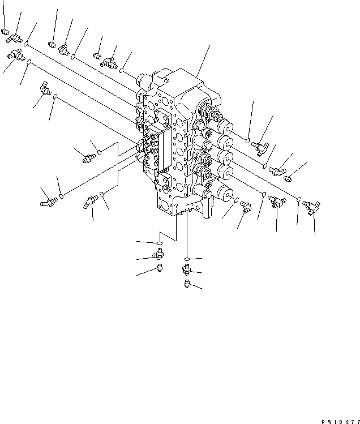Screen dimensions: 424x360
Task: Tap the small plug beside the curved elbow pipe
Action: pyautogui.click(x=288, y=179)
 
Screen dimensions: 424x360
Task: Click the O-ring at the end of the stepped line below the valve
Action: pyautogui.click(x=160, y=244)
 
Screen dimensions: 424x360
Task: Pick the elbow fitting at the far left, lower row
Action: pyautogui.click(x=46, y=201)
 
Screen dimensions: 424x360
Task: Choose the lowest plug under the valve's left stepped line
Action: pyautogui.click(x=160, y=268)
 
